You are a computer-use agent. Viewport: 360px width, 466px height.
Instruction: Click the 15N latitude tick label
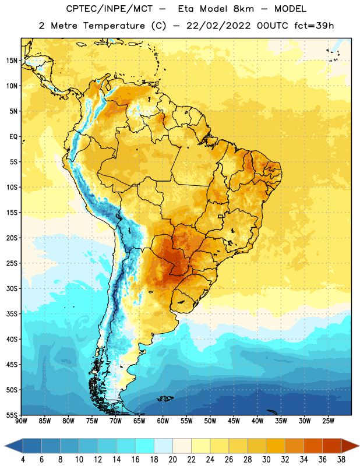coord(12,61)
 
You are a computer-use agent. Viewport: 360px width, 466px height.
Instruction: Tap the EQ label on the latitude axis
coord(13,137)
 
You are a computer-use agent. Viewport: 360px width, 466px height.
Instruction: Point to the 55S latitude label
coord(12,415)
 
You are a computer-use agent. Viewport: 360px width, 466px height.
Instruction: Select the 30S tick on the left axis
coord(12,288)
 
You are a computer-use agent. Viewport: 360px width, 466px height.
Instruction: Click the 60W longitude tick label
coord(163,421)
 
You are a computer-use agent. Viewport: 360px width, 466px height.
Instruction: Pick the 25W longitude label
coord(328,421)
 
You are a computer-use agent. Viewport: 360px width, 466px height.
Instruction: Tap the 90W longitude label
coord(21,421)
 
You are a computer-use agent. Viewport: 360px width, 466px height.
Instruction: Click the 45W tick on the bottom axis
coord(234,421)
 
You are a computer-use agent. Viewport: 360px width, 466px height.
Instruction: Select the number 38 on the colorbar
coord(341,459)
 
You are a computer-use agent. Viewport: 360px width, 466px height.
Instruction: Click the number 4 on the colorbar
coord(23,459)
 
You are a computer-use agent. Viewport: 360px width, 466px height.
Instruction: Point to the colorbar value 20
coord(172,459)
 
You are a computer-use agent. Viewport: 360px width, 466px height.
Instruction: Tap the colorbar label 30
coord(266,459)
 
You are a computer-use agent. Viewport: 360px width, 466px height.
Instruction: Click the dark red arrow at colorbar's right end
coord(350,446)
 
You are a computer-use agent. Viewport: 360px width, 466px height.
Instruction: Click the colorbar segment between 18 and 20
coord(163,446)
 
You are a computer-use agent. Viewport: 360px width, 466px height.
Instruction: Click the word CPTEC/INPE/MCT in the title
coord(109,9)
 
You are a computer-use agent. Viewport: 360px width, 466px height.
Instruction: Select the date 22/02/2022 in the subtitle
coord(218,26)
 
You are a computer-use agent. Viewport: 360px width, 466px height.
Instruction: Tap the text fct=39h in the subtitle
coord(314,26)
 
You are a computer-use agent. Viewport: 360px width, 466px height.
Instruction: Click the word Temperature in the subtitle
coord(114,26)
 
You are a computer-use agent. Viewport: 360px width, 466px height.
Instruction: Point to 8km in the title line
coord(243,9)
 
